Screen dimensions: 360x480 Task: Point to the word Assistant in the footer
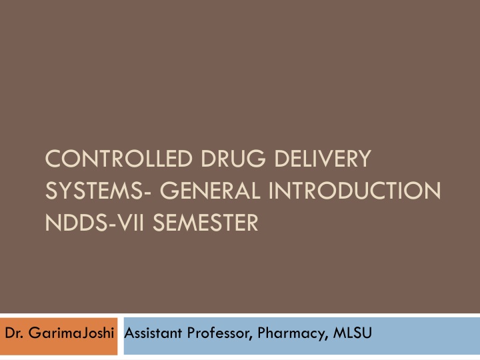tap(149, 333)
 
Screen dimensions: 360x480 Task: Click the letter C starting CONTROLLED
tap(51, 160)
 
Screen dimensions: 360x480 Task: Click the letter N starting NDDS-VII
tap(51, 222)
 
